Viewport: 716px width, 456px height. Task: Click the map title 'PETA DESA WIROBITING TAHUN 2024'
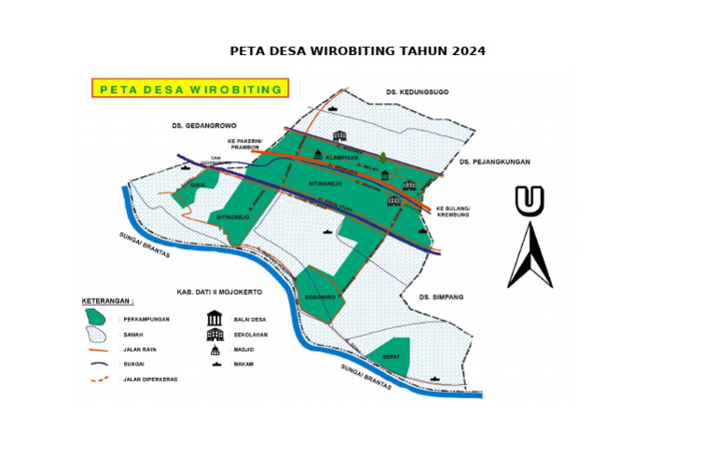(357, 50)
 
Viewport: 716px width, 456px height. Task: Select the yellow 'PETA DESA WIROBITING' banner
(190, 89)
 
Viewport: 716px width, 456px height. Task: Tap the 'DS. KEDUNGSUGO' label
(417, 91)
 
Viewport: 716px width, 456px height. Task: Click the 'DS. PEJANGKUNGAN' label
(494, 161)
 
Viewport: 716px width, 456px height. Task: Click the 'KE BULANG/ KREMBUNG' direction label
(451, 211)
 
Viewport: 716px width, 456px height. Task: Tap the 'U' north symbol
(530, 200)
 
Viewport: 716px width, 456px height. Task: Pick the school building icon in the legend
(214, 334)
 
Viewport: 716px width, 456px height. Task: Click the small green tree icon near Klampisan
(381, 158)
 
